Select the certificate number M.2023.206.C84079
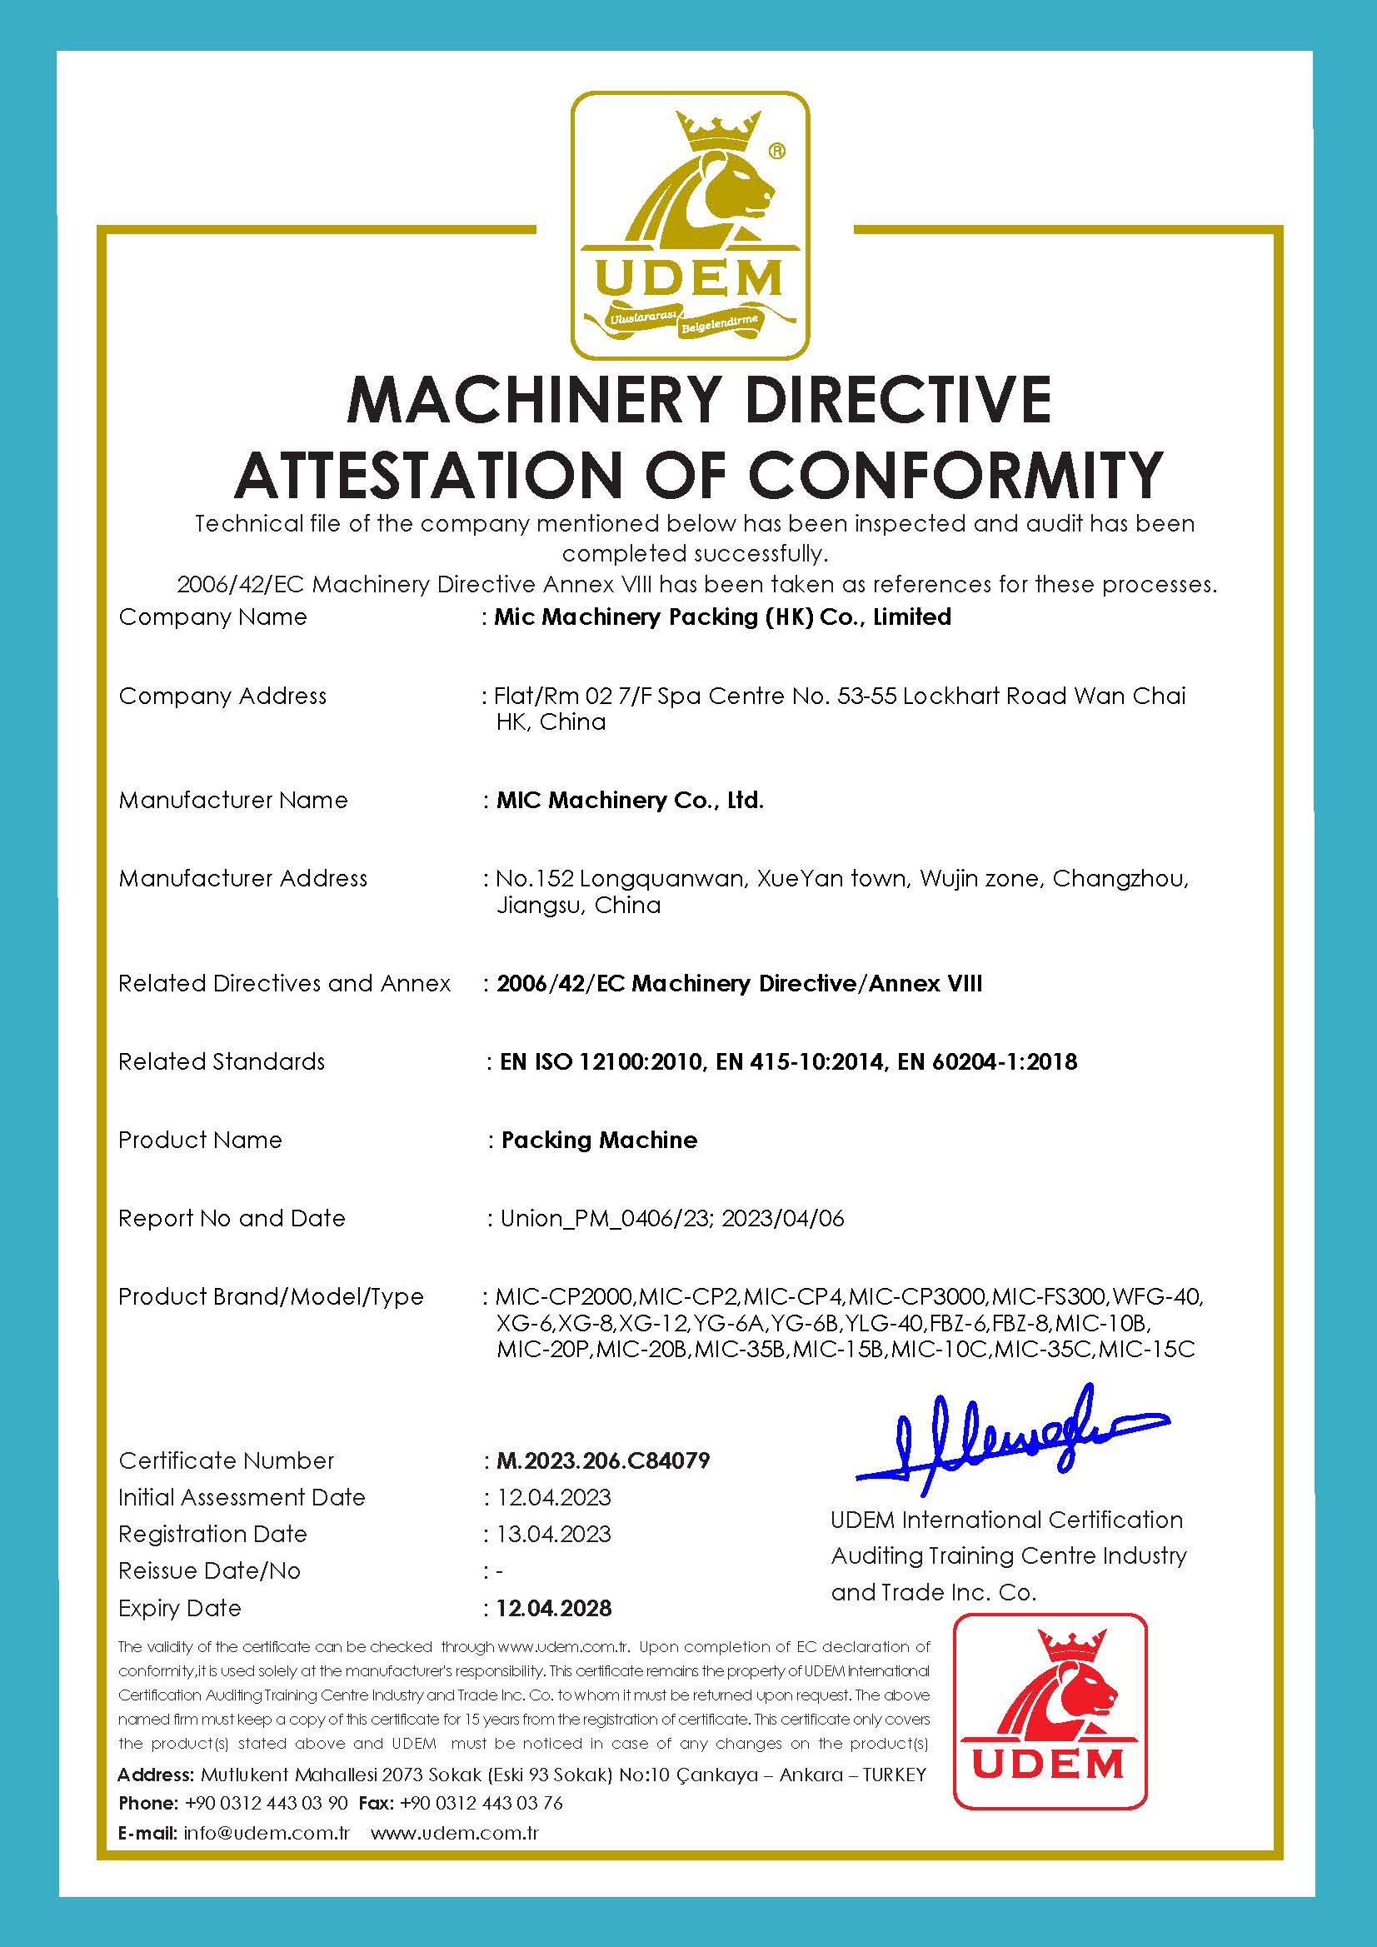tap(603, 1460)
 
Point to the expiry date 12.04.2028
tap(554, 1608)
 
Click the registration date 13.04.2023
tap(554, 1534)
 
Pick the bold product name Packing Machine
tap(599, 1140)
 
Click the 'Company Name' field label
tap(212, 617)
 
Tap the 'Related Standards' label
tap(222, 1061)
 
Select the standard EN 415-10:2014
tap(799, 1061)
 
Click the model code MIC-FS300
tap(1048, 1296)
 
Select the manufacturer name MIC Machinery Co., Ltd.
tap(630, 800)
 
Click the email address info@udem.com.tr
tap(267, 1833)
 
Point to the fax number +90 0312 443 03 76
tap(481, 1803)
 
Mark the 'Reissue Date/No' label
tap(209, 1570)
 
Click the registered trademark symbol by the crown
tap(776, 152)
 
